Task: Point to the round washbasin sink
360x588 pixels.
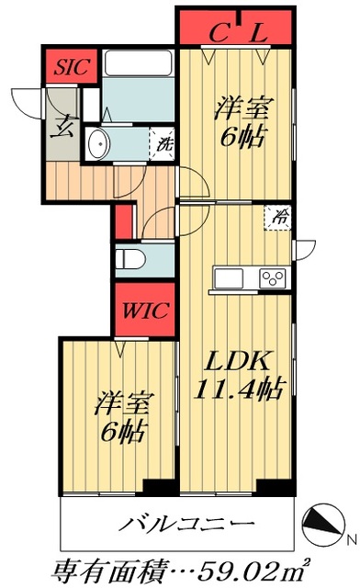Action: click(98, 142)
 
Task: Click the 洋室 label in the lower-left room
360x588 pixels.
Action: click(123, 403)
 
